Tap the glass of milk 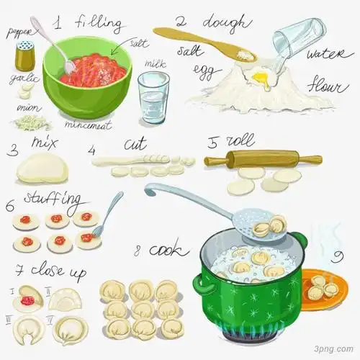coord(152,98)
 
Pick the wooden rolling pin coord(263,159)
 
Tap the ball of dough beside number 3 coord(42,170)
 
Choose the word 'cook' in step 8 coord(171,250)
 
